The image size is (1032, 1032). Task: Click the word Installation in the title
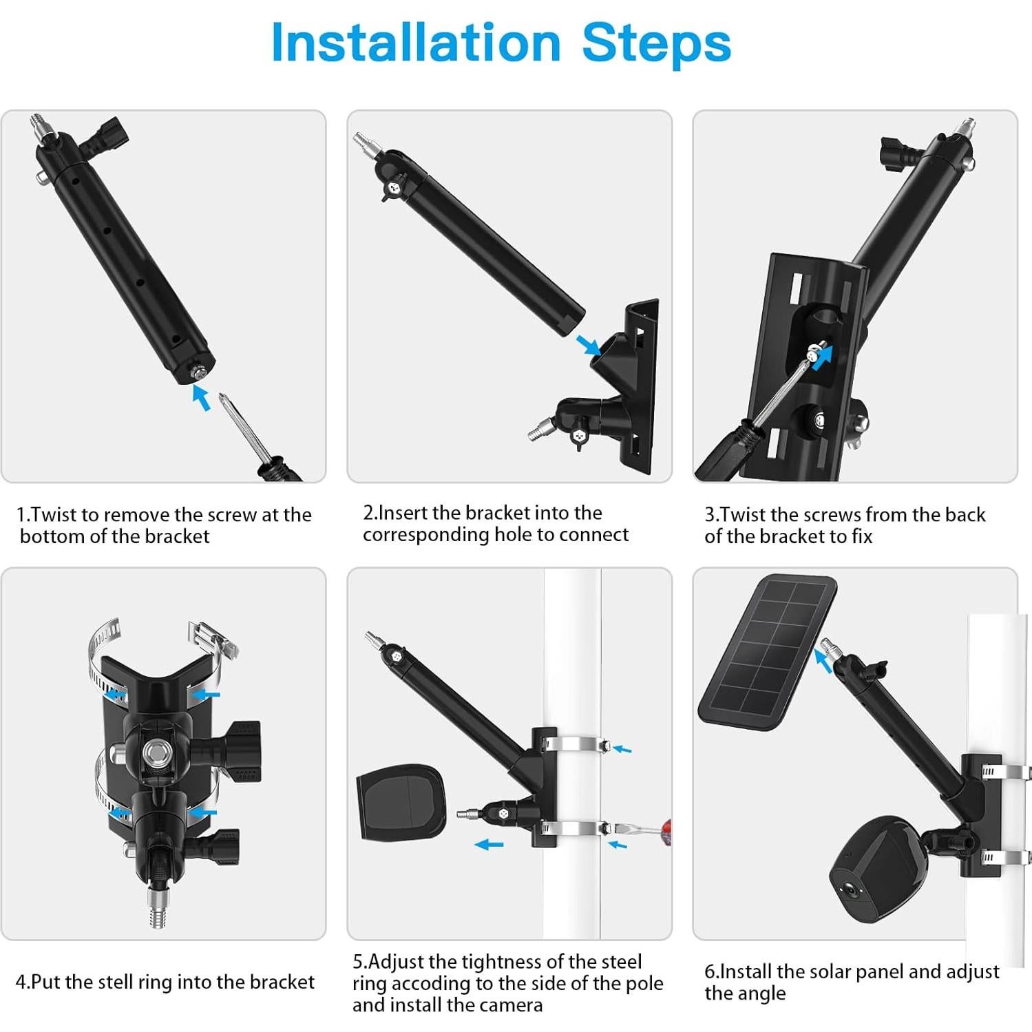coord(416,43)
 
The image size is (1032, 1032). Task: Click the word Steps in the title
coord(656,43)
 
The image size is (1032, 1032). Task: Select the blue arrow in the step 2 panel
coord(588,344)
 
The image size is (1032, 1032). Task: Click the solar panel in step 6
coord(768,654)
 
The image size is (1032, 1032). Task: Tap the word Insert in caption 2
coord(404,513)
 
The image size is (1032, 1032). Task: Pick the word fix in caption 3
coord(861,536)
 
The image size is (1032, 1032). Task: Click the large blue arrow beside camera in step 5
coord(489,844)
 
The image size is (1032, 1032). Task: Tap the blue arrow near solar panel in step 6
coord(822,659)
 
